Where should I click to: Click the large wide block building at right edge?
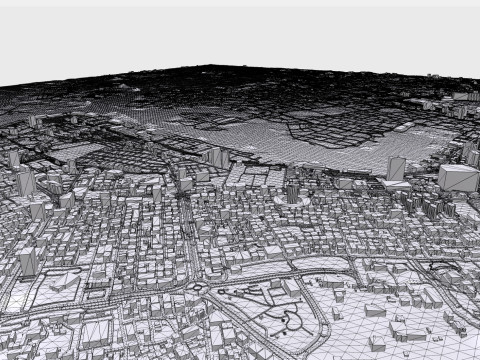point(458,181)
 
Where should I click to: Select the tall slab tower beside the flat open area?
point(396,169)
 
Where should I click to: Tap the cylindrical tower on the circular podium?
point(292,191)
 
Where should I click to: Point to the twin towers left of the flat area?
point(217,157)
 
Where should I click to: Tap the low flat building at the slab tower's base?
point(397,185)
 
